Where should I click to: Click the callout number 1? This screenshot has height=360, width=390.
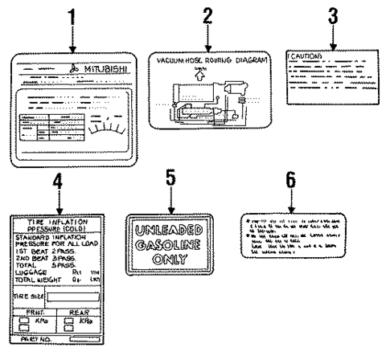(x=72, y=14)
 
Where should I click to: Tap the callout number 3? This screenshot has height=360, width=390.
(x=332, y=14)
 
